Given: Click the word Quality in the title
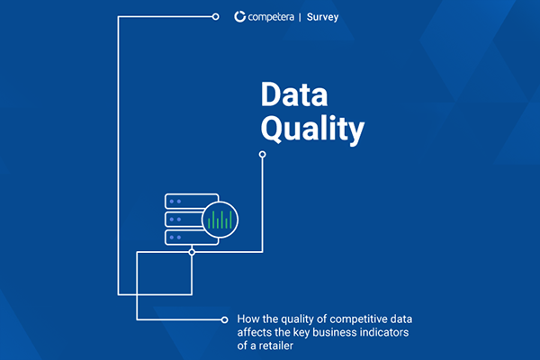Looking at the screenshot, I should point(312,130).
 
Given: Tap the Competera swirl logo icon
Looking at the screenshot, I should point(239,16).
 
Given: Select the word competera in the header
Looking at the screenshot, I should point(274,16).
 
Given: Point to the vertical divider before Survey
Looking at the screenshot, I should point(311,16).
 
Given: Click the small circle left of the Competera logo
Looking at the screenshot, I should point(216,16).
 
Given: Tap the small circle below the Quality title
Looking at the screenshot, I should point(263,155).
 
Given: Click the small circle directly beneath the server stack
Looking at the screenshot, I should point(192,253).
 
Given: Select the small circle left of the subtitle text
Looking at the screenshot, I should point(224,319).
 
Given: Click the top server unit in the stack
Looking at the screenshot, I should point(181,201).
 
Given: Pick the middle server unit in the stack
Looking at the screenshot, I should point(179,219).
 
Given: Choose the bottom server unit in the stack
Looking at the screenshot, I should point(181,238).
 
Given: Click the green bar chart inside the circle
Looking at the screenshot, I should point(219,219).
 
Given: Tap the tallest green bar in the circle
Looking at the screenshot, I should point(219,218).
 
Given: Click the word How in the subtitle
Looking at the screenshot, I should point(247,319).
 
